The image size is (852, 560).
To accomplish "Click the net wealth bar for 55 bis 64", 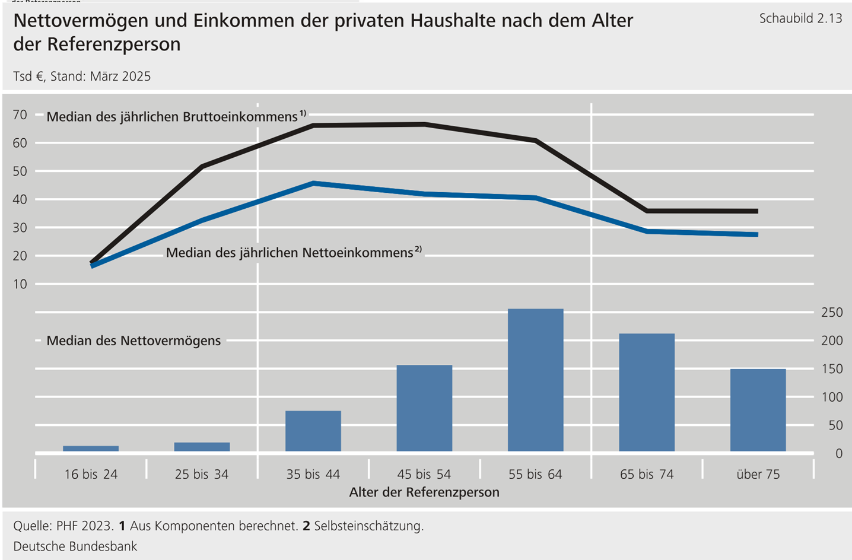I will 535,380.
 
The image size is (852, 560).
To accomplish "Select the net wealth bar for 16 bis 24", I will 91,448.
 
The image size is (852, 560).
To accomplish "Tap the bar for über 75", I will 758,410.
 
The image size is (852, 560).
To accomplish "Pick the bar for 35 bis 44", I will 313,431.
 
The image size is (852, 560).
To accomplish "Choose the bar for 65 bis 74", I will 647,392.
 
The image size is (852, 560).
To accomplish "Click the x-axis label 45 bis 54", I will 424,475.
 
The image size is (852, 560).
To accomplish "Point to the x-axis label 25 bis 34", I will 202,475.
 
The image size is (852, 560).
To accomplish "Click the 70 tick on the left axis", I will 20,114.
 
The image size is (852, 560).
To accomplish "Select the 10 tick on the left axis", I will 20,284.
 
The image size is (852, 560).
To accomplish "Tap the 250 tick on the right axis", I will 832,312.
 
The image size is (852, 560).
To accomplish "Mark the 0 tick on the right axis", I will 838,454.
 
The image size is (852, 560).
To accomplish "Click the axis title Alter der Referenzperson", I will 424,492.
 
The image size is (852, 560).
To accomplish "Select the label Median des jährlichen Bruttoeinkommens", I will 172,117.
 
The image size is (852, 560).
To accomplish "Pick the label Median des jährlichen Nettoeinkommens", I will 290,253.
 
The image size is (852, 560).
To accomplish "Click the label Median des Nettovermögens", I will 133,341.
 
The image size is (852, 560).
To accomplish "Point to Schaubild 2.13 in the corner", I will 800,18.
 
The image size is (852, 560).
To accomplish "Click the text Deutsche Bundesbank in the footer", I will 75,546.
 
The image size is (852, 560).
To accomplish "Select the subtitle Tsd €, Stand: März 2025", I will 82,77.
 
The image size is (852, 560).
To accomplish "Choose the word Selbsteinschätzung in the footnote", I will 368,526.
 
